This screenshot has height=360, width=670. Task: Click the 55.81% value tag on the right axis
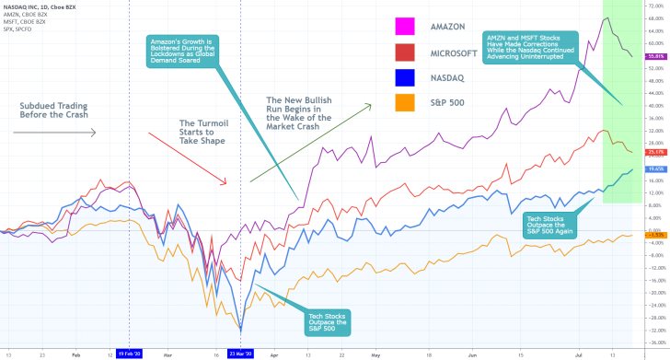(x=656, y=56)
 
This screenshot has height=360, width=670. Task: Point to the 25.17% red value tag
(x=656, y=152)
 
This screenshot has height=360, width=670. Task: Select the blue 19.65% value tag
(x=656, y=169)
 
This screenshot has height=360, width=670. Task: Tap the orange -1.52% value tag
(x=656, y=235)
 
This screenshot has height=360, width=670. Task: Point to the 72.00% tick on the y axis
(x=655, y=6)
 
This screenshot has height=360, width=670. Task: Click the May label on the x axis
(x=375, y=353)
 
